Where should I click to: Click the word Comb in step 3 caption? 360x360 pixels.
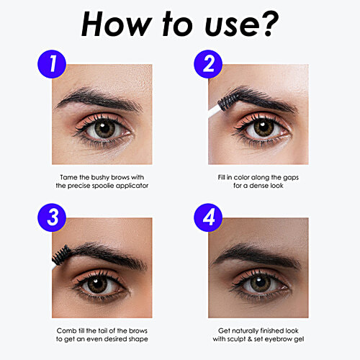point(67,330)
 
